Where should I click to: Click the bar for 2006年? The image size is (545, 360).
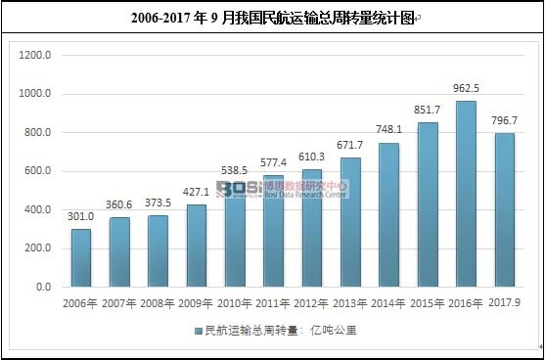81,258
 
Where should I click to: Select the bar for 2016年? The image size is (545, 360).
466,195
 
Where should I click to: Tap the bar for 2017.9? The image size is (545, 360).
505,210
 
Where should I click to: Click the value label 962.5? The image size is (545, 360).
465,91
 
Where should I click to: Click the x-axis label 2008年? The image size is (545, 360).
158,304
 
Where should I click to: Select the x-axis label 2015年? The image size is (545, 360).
428,304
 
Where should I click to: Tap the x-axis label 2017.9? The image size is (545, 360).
505,304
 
